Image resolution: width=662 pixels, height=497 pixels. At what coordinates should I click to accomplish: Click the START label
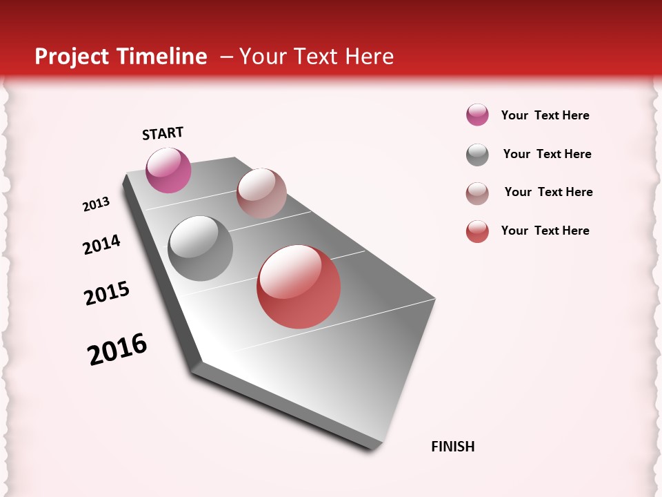point(163,133)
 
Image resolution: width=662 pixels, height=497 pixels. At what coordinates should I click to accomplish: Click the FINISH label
point(453,447)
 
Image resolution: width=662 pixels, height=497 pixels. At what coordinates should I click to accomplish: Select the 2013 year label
point(96,204)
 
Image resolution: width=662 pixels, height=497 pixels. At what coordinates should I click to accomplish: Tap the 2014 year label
point(101,245)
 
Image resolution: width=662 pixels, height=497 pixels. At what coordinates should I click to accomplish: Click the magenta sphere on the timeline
point(168,170)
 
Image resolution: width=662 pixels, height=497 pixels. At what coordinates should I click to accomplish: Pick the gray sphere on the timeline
point(200,248)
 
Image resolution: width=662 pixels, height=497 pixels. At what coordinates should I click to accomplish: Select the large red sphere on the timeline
point(299,286)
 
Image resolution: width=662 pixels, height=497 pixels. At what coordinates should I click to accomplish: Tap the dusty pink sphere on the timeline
point(261,193)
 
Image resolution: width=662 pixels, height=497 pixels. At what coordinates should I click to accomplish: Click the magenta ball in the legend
point(477,115)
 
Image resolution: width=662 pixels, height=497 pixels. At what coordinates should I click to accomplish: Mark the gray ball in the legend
point(477,155)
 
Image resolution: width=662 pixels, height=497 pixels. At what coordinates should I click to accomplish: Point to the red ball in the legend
point(477,231)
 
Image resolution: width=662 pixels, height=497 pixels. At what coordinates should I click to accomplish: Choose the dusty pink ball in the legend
point(477,193)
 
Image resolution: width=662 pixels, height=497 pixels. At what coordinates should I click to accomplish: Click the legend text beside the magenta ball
point(545,115)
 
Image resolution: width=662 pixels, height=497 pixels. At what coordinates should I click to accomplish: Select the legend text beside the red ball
point(545,231)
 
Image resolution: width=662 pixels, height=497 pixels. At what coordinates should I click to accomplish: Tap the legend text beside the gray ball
point(547,154)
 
